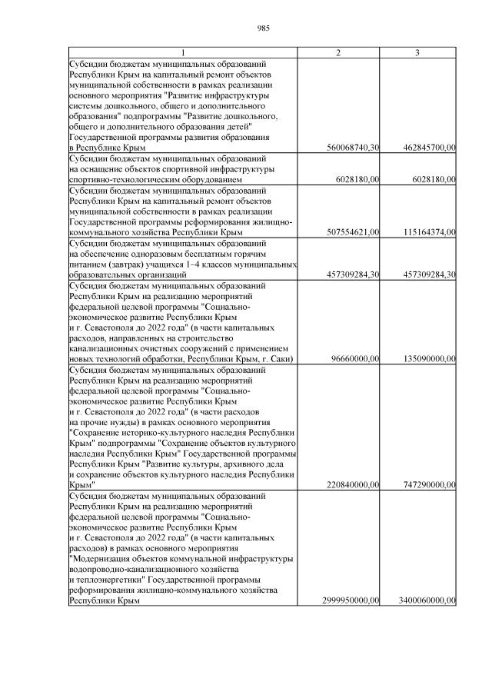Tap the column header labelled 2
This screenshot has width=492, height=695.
coord(338,52)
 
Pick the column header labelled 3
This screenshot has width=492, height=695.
coord(417,52)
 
